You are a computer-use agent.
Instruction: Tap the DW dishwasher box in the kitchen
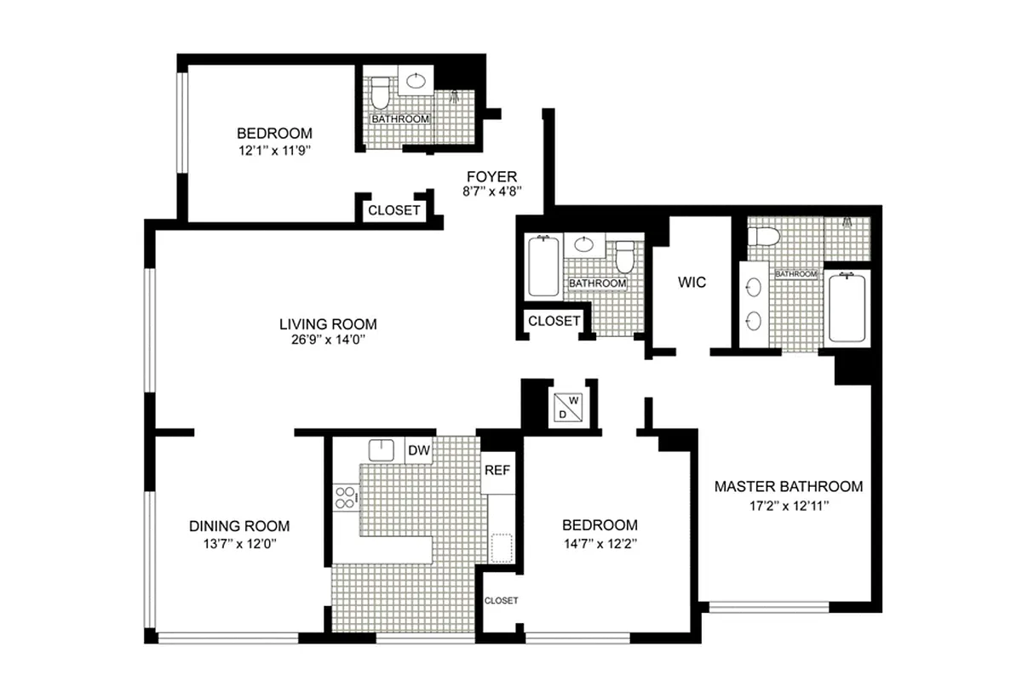click(x=418, y=449)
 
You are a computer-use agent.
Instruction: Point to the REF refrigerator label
click(x=497, y=470)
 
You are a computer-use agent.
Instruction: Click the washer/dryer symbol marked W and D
click(x=568, y=406)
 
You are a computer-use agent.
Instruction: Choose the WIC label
click(x=692, y=283)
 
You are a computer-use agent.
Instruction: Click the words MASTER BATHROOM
click(x=788, y=487)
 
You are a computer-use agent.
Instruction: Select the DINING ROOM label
click(x=239, y=526)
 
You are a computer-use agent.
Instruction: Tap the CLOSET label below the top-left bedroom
click(x=393, y=209)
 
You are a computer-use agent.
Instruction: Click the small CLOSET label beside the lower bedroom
click(x=501, y=600)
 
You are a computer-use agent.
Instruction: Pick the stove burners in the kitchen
click(x=345, y=497)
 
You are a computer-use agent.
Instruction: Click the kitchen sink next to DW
click(x=381, y=449)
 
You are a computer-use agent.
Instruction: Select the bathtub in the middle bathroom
click(x=543, y=266)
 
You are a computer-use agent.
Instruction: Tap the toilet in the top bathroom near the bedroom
click(x=380, y=87)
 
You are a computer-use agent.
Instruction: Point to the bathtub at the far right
click(x=846, y=306)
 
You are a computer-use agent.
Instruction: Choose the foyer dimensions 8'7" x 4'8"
click(x=491, y=192)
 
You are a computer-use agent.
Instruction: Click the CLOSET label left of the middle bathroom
click(x=554, y=321)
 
